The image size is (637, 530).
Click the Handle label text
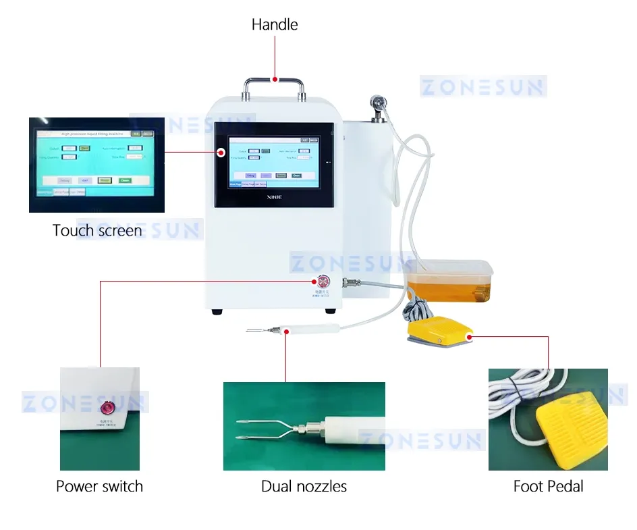click(x=274, y=25)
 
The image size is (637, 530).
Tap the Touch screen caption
click(x=97, y=230)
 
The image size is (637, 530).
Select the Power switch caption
click(x=99, y=486)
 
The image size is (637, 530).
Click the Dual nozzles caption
click(x=304, y=486)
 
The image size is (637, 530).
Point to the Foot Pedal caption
click(x=548, y=486)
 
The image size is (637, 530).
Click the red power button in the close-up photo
click(x=107, y=408)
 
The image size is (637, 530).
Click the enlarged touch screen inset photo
click(x=96, y=165)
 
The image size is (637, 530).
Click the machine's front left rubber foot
click(x=217, y=311)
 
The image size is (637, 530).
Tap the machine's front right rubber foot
click(x=331, y=311)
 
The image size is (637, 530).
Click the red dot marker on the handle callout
click(x=274, y=79)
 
